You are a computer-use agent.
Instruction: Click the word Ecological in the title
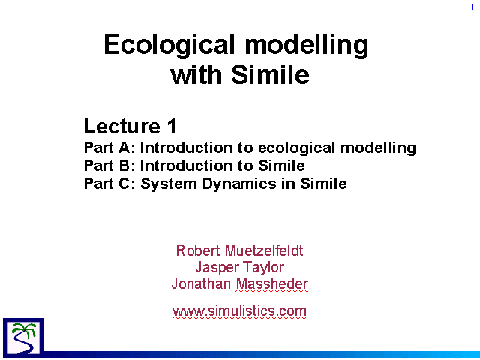point(169,45)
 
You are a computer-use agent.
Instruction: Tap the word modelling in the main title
point(307,45)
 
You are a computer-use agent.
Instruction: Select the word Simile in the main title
point(270,74)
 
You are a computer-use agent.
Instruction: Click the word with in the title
point(196,74)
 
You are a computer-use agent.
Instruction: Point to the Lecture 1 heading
point(130,126)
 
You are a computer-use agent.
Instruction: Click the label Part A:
point(109,148)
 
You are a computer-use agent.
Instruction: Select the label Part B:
point(109,166)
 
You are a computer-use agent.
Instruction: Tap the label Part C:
point(109,184)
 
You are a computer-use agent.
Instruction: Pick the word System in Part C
point(168,184)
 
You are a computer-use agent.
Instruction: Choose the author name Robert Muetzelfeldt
point(240,250)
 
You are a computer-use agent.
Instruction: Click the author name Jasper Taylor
point(240,267)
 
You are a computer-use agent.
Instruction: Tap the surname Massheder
point(271,283)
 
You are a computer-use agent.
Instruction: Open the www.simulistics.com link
point(239,311)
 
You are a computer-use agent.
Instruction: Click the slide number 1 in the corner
point(472,7)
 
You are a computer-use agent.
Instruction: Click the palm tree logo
point(23,337)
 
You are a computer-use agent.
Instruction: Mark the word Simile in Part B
point(281,166)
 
